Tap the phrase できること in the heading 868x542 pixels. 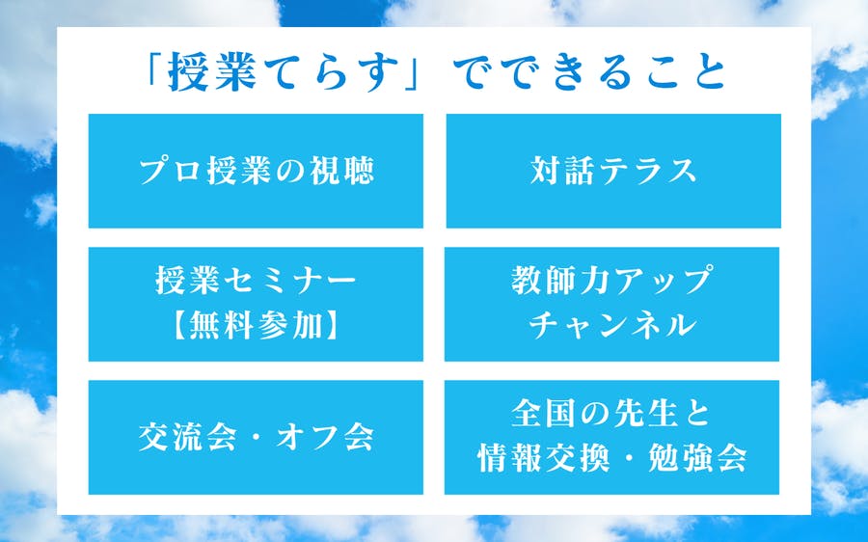(588, 72)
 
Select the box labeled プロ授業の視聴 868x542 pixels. (256, 171)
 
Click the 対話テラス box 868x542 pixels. (613, 171)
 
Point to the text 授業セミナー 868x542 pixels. (256, 280)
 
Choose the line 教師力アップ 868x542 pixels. (611, 280)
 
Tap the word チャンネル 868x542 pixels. (611, 324)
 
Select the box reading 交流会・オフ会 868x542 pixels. (256, 438)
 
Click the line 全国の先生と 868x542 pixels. (611, 414)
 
